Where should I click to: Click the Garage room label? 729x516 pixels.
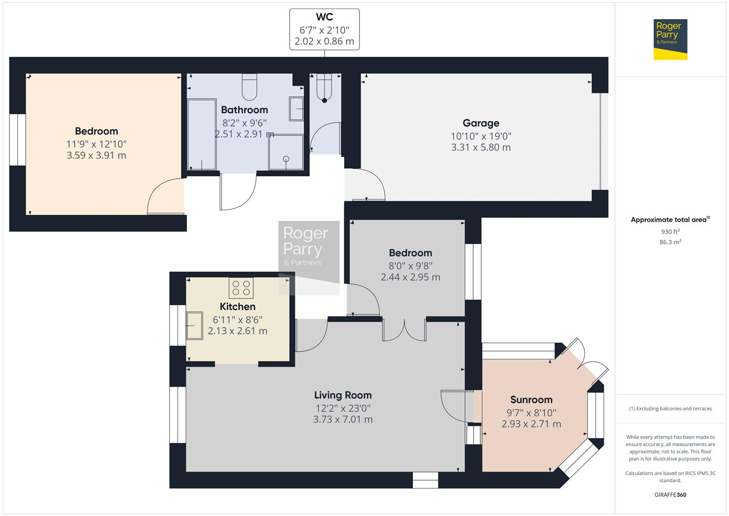481,123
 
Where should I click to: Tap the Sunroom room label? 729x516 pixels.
531,400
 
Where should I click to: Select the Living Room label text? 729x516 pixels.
343,395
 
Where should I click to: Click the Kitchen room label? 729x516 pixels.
237,307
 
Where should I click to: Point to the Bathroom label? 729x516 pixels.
244,110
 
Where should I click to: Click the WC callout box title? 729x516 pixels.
324,17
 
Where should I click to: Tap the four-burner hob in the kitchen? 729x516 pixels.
241,288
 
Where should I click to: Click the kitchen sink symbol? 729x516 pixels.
193,325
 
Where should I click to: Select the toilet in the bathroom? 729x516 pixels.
249,86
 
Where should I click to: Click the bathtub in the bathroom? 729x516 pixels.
201,134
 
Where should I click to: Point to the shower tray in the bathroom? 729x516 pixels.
285,152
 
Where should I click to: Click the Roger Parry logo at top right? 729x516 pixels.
670,39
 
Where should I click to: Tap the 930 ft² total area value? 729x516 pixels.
670,232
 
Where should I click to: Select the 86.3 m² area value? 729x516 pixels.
670,242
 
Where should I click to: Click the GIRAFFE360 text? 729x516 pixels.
670,494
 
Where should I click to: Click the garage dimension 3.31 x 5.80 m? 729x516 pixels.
481,148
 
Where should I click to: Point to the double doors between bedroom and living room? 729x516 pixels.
404,330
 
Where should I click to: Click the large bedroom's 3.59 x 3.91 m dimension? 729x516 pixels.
96,155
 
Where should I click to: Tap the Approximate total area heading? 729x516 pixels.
670,220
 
